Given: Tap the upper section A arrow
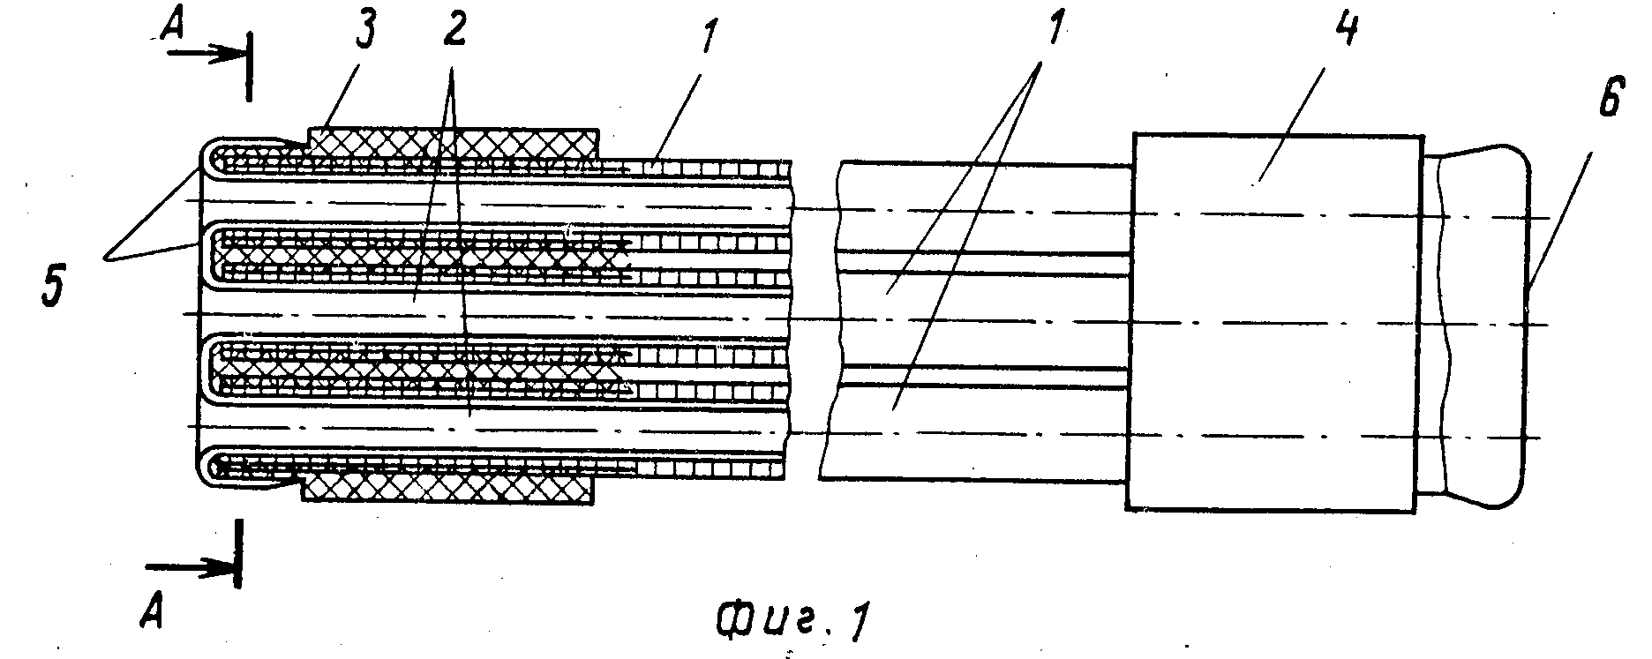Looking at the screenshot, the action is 207,53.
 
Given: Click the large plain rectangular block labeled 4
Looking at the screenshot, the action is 1275,322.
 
